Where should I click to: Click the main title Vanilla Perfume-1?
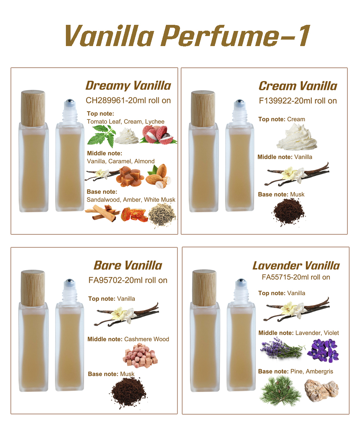tap(187, 36)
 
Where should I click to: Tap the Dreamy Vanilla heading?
tap(128, 86)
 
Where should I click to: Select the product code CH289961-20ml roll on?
tap(128, 100)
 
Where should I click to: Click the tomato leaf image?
tap(101, 135)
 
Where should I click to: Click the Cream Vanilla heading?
tap(298, 86)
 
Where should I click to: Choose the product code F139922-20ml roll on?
tap(298, 100)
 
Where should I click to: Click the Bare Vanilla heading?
tap(128, 265)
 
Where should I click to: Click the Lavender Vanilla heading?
tap(296, 266)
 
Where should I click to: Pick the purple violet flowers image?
tap(322, 350)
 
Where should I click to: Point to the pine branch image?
tap(280, 391)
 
